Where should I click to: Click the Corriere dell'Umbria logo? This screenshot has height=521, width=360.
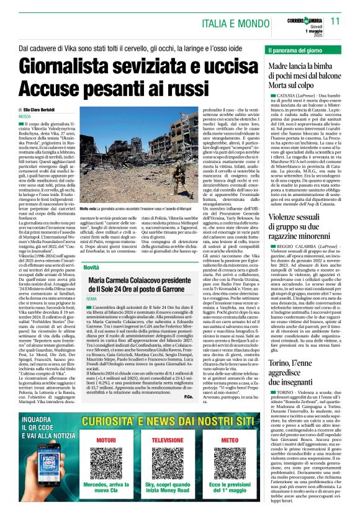coord(306,13)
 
